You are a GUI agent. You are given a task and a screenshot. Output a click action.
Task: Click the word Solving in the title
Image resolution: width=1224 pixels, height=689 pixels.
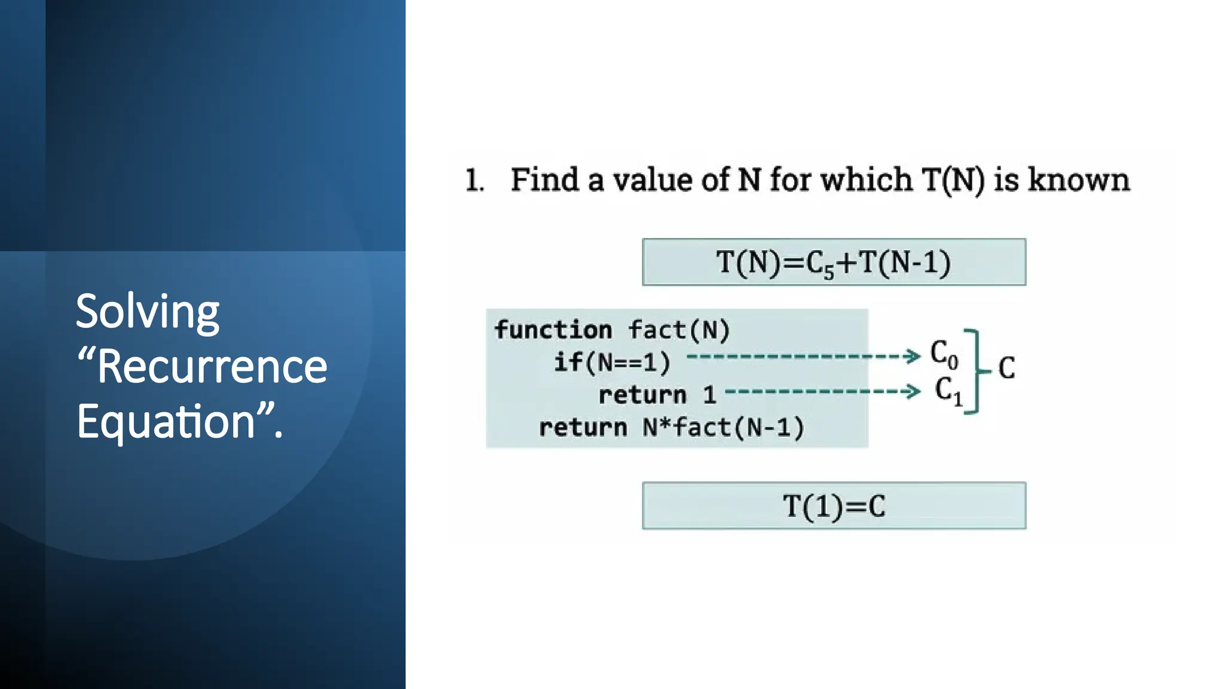tap(148, 312)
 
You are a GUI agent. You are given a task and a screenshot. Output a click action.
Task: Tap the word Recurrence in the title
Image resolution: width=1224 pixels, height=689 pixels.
tap(212, 367)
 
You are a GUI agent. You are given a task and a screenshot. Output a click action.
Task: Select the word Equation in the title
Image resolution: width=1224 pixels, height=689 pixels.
tap(166, 421)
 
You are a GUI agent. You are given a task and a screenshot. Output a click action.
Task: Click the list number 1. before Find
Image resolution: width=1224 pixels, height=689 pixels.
tap(474, 180)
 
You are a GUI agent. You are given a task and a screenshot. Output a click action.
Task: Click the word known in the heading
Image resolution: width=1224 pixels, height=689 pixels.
tap(1078, 179)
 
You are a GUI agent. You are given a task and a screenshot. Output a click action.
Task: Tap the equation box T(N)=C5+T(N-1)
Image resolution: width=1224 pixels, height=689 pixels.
tap(834, 262)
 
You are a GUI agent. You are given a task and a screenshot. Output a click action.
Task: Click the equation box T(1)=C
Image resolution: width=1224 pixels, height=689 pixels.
tap(834, 506)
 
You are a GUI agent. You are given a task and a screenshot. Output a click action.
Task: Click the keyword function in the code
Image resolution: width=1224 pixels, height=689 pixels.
tap(553, 330)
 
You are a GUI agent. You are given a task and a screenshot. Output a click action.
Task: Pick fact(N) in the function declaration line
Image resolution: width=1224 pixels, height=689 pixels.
tap(679, 330)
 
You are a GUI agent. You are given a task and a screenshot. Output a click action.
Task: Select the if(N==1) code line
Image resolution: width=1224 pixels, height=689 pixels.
tap(612, 362)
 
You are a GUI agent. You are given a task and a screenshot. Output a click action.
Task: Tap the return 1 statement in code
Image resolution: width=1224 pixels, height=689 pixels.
tap(657, 395)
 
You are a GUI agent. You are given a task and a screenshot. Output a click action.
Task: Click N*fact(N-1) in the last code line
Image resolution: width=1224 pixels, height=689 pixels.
tap(723, 428)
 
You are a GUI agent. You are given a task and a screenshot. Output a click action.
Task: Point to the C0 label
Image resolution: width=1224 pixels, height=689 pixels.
tap(944, 354)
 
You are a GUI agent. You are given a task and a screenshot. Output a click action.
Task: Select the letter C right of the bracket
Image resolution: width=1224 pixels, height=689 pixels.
tap(1006, 368)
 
